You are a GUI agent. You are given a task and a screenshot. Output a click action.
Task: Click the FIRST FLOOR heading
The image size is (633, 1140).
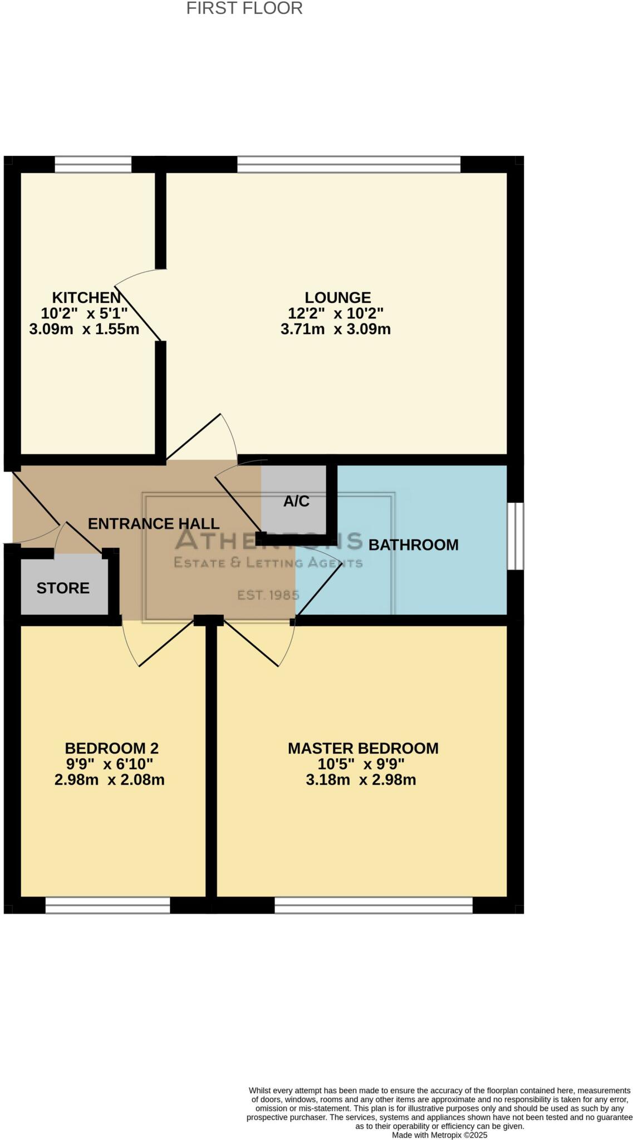tap(244, 8)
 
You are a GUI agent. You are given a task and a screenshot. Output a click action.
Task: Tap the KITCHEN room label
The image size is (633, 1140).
tap(86, 297)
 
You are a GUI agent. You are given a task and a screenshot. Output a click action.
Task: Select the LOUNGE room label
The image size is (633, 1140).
tap(337, 297)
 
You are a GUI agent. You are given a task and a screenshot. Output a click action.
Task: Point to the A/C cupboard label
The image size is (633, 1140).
tap(296, 502)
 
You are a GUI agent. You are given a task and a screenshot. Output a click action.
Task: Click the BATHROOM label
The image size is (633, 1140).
tap(413, 545)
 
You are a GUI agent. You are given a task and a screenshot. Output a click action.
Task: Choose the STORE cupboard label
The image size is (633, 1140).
tap(63, 588)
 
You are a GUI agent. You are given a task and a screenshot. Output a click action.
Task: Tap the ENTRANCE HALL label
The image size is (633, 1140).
tap(154, 524)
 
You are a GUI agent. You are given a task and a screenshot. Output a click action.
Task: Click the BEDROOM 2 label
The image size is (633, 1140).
tap(111, 748)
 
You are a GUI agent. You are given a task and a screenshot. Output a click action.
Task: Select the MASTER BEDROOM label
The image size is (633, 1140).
tap(363, 748)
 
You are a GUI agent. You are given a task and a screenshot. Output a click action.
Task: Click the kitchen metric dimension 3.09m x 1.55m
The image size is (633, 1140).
tap(84, 329)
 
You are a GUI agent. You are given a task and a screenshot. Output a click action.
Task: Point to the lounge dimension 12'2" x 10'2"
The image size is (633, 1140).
tap(336, 313)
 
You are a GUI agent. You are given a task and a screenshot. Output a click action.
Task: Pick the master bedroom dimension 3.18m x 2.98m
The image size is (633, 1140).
tap(361, 780)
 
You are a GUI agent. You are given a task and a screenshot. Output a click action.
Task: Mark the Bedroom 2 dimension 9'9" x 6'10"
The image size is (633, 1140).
tap(109, 764)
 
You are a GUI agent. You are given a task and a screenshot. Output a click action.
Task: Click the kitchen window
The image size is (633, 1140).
tap(93, 165)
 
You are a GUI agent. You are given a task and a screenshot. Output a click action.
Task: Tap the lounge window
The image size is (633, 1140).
tap(349, 165)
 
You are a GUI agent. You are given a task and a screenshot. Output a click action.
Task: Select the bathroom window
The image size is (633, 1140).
tap(516, 536)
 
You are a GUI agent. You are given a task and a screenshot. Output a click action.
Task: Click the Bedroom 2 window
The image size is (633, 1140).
tap(107, 905)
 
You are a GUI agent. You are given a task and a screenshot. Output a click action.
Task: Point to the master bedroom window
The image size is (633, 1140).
tap(374, 905)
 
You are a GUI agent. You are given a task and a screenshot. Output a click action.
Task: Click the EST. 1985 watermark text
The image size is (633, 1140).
tap(268, 595)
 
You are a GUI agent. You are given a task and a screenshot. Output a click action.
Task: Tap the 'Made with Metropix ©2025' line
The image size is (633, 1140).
tap(440, 1135)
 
